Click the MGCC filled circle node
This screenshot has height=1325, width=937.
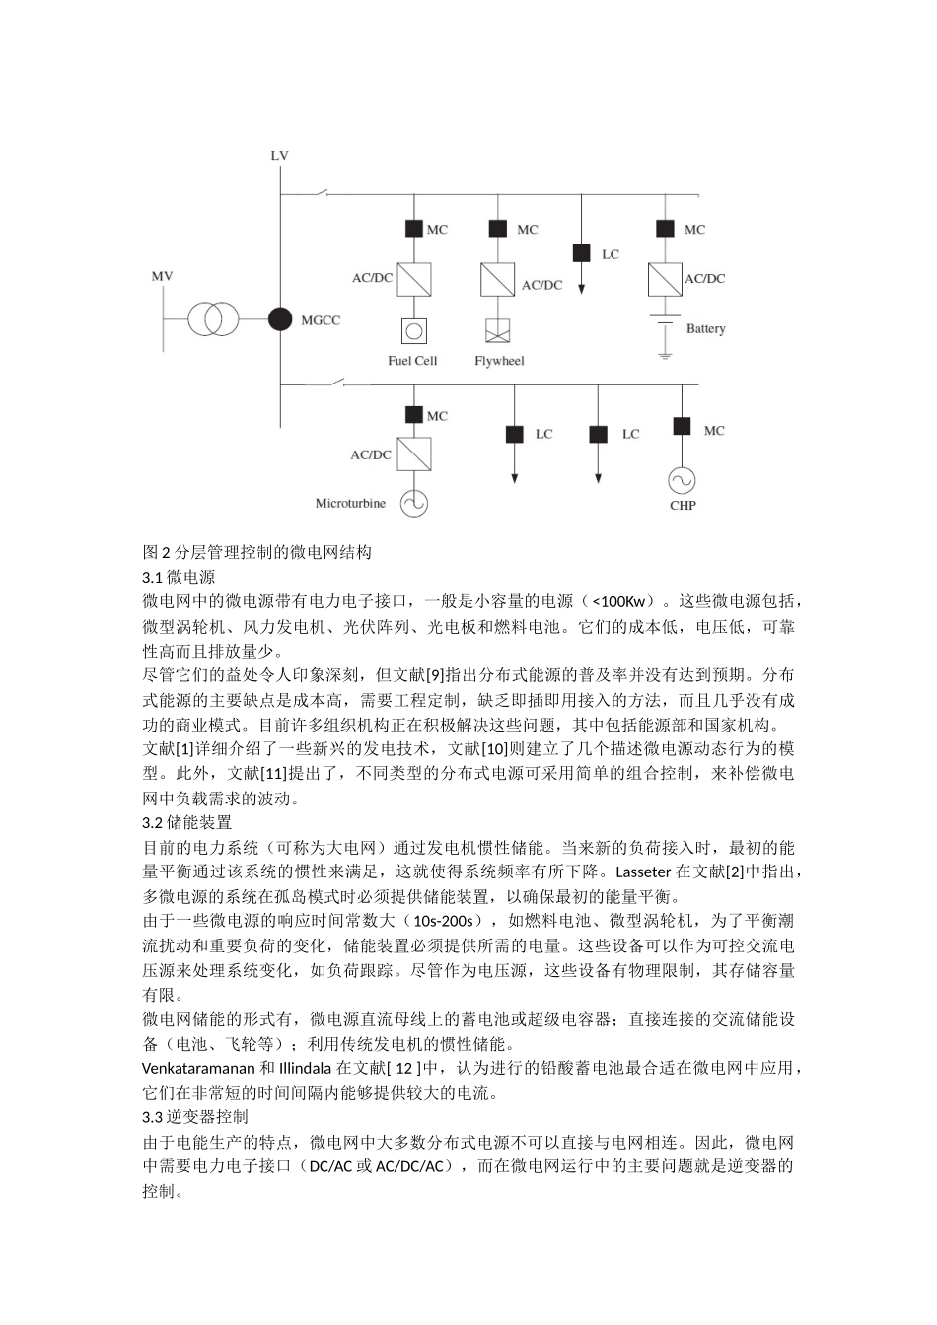(281, 318)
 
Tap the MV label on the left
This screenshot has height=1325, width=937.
(162, 276)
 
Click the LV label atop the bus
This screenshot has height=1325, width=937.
(280, 156)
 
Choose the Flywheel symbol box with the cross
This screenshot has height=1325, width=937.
(498, 330)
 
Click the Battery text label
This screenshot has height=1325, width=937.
(705, 328)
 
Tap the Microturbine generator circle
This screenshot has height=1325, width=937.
(414, 503)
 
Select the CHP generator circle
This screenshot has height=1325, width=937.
(682, 480)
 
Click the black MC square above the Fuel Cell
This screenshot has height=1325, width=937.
(414, 229)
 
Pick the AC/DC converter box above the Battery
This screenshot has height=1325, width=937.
(665, 279)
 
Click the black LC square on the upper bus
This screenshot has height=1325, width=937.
(582, 253)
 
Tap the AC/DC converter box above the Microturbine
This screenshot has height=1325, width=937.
(414, 454)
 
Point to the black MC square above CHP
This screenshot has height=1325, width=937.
(682, 426)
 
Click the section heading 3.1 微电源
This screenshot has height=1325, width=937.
(180, 577)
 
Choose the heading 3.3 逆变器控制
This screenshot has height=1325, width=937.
(195, 1117)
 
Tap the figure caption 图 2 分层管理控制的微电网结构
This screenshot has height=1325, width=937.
(257, 552)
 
